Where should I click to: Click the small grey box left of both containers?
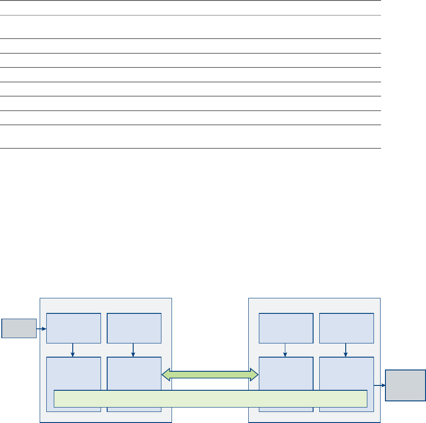(x=19, y=328)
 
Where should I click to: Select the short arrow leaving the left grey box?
(x=41, y=328)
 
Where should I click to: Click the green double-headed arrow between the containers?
(x=210, y=375)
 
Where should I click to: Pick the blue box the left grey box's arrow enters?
(x=74, y=328)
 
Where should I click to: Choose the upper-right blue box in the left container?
(x=134, y=328)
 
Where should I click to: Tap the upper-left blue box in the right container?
(x=286, y=328)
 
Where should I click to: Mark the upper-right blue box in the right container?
(x=346, y=328)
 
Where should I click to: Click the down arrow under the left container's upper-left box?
(x=73, y=350)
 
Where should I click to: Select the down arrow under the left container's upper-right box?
(x=133, y=350)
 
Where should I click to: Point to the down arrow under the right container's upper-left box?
(x=285, y=350)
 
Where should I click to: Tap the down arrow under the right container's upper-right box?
(x=345, y=350)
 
